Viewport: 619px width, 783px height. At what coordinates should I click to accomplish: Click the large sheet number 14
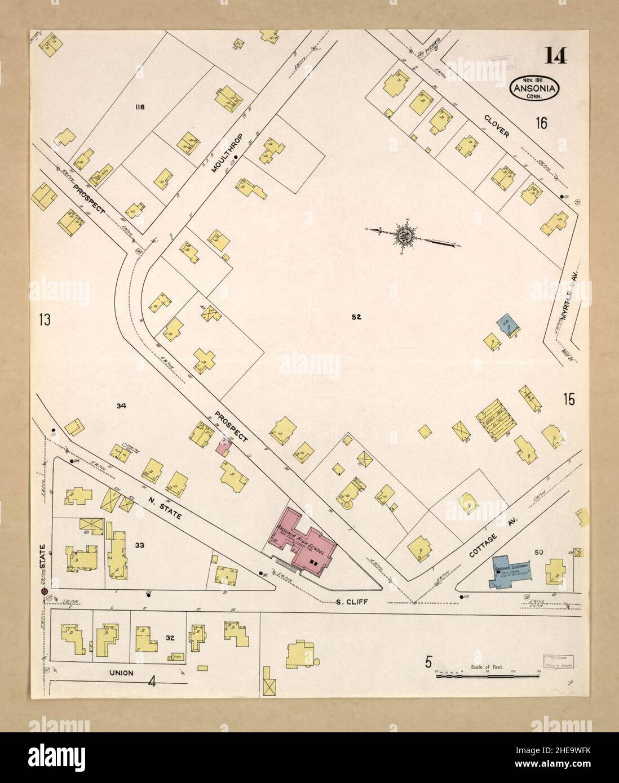pyautogui.click(x=556, y=56)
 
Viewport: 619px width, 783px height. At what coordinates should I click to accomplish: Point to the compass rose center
pyautogui.click(x=404, y=235)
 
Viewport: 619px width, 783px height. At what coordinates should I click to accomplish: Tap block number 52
pyautogui.click(x=356, y=317)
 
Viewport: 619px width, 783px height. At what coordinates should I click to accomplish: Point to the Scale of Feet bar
pyautogui.click(x=488, y=674)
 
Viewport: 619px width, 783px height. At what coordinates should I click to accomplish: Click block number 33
pyautogui.click(x=140, y=545)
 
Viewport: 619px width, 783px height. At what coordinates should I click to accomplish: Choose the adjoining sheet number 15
pyautogui.click(x=568, y=399)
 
